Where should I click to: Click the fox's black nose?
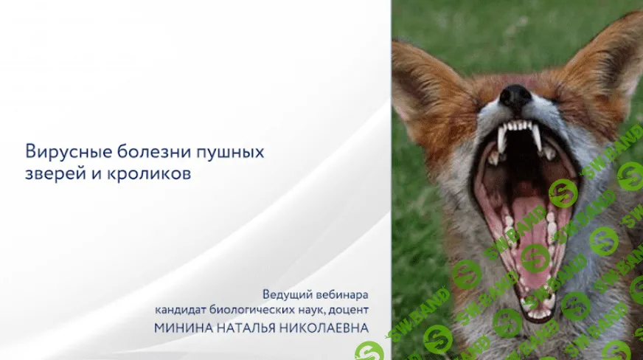pyautogui.click(x=515, y=95)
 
